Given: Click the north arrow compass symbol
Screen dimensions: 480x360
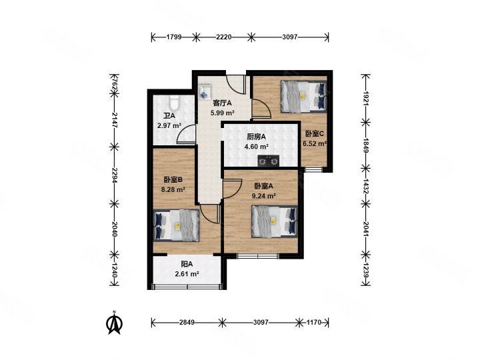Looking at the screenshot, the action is click(x=114, y=323).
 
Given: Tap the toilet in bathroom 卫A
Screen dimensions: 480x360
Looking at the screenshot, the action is click(x=174, y=103).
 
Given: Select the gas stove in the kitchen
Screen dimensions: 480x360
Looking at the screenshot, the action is click(x=269, y=161).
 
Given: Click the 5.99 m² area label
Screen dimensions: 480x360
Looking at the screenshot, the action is click(x=222, y=113).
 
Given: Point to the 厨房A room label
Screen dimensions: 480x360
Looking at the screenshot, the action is click(x=256, y=137).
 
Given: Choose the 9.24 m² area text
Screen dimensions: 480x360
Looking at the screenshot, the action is click(x=263, y=195).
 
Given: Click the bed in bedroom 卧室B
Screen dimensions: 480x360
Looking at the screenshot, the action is click(x=176, y=225).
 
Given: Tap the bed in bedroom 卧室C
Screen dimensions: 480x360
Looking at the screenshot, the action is click(x=304, y=96).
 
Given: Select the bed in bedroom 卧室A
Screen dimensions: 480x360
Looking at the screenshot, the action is click(x=275, y=221).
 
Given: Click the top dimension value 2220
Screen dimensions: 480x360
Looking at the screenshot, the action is click(x=223, y=37).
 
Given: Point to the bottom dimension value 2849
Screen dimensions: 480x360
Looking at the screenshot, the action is click(x=187, y=323).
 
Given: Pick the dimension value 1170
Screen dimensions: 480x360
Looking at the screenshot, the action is click(x=314, y=323).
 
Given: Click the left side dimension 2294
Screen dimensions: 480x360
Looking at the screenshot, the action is click(x=115, y=175).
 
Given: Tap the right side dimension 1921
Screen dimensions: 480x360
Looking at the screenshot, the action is click(x=366, y=98).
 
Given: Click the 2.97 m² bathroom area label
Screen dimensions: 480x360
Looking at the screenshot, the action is click(x=169, y=125).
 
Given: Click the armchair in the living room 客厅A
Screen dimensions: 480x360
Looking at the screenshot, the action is click(x=204, y=91).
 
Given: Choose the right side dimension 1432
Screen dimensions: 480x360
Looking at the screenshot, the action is click(x=366, y=186).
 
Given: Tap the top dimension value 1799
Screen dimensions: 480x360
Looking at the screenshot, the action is click(x=174, y=37).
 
